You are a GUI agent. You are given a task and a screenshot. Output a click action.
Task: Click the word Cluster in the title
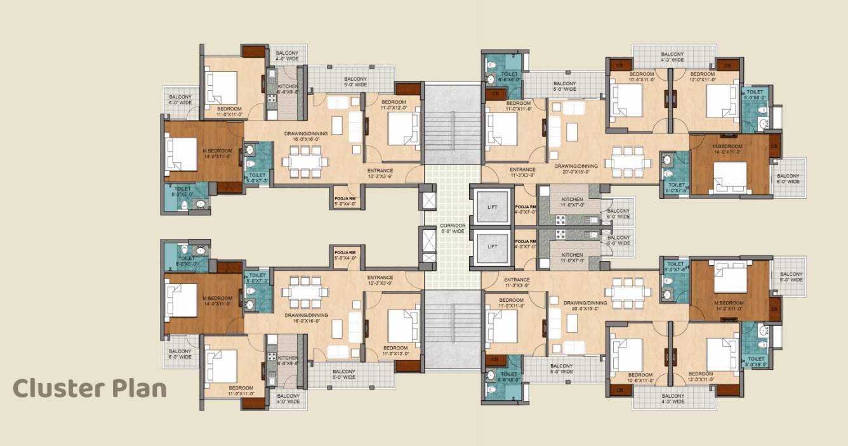(58, 388)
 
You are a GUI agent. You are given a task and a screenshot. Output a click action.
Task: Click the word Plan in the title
(138, 388)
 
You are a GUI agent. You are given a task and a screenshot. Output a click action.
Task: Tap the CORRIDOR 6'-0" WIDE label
(453, 229)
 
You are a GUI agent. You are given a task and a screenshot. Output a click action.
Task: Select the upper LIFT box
(493, 207)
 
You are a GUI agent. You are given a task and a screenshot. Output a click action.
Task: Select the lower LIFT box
(493, 246)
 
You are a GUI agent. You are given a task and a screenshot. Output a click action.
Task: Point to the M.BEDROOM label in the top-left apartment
(216, 154)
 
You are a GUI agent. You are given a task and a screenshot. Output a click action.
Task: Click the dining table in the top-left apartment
(305, 162)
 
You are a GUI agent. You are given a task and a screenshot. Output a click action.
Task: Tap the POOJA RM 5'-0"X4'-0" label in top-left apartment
(345, 201)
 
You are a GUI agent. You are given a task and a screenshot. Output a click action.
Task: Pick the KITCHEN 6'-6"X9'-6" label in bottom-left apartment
(288, 361)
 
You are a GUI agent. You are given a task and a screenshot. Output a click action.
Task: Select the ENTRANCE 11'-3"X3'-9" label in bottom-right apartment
(517, 282)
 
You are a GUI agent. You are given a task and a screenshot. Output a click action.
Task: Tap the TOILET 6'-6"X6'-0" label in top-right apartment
(508, 78)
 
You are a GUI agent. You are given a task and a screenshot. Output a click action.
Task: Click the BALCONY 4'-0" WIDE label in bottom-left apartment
(288, 398)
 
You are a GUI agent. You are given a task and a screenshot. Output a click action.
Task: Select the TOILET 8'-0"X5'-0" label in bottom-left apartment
(187, 261)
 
